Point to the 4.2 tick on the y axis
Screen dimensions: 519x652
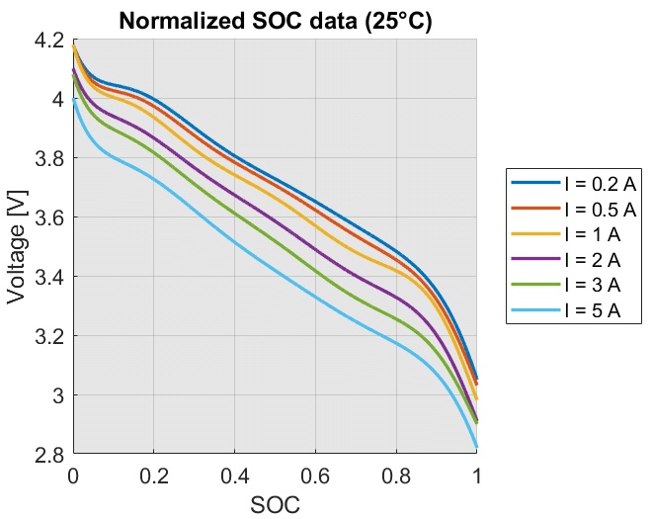tap(47, 41)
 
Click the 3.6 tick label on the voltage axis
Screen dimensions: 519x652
tap(47, 217)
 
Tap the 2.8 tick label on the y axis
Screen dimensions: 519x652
tap(47, 455)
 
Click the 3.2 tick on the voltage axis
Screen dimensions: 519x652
tap(47, 336)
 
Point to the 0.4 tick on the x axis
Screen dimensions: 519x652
tap(235, 476)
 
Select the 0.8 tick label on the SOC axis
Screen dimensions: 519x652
tap(397, 476)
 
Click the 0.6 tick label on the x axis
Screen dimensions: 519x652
tap(316, 476)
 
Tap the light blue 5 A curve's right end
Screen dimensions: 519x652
tap(477, 448)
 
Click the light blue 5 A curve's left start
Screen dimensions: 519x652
tap(74, 99)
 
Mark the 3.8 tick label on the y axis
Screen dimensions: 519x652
tap(47, 158)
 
